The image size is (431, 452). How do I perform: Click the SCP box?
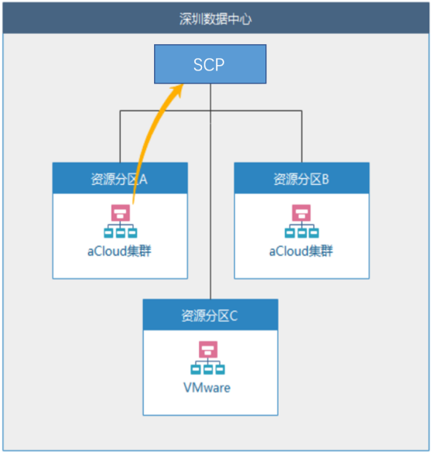[x=210, y=64]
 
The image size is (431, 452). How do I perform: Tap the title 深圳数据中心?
[x=215, y=19]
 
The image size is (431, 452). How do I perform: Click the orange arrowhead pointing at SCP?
[x=177, y=89]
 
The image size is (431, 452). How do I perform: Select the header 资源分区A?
[x=120, y=179]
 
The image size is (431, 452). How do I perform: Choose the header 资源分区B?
[x=301, y=179]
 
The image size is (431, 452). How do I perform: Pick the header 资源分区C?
[x=210, y=315]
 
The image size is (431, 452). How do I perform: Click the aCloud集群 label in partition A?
[x=119, y=251]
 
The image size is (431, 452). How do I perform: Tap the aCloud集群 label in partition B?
[x=301, y=251]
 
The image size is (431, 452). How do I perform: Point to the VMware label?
[x=207, y=388]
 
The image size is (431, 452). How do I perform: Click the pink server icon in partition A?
[x=121, y=213]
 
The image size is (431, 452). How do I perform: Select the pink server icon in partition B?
[x=301, y=213]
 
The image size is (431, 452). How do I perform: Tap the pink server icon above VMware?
[x=208, y=349]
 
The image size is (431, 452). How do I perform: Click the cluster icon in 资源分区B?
[x=302, y=221]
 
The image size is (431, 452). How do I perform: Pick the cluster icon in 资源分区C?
[x=207, y=358]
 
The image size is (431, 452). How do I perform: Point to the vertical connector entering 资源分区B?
[x=302, y=136]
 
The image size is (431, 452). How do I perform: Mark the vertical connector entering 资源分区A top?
[x=120, y=136]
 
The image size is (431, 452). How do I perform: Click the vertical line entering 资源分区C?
[x=210, y=191]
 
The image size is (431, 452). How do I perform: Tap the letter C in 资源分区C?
[x=234, y=316]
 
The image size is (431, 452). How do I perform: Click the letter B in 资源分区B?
[x=326, y=179]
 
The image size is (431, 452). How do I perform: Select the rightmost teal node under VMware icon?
[x=221, y=369]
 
